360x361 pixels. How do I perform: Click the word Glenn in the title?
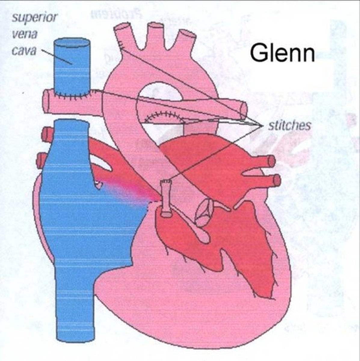coord(282,53)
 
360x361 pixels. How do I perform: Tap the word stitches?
coord(289,125)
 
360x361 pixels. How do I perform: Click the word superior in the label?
coord(34,17)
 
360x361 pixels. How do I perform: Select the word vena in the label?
coord(24,33)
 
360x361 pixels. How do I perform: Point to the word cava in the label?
coord(23,50)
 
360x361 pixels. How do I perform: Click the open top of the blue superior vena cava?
coord(72,43)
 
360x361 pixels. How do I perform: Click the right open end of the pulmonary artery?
coord(243,111)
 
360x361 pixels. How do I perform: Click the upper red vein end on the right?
coord(271,161)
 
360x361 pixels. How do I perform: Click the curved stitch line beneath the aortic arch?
coord(164,116)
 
